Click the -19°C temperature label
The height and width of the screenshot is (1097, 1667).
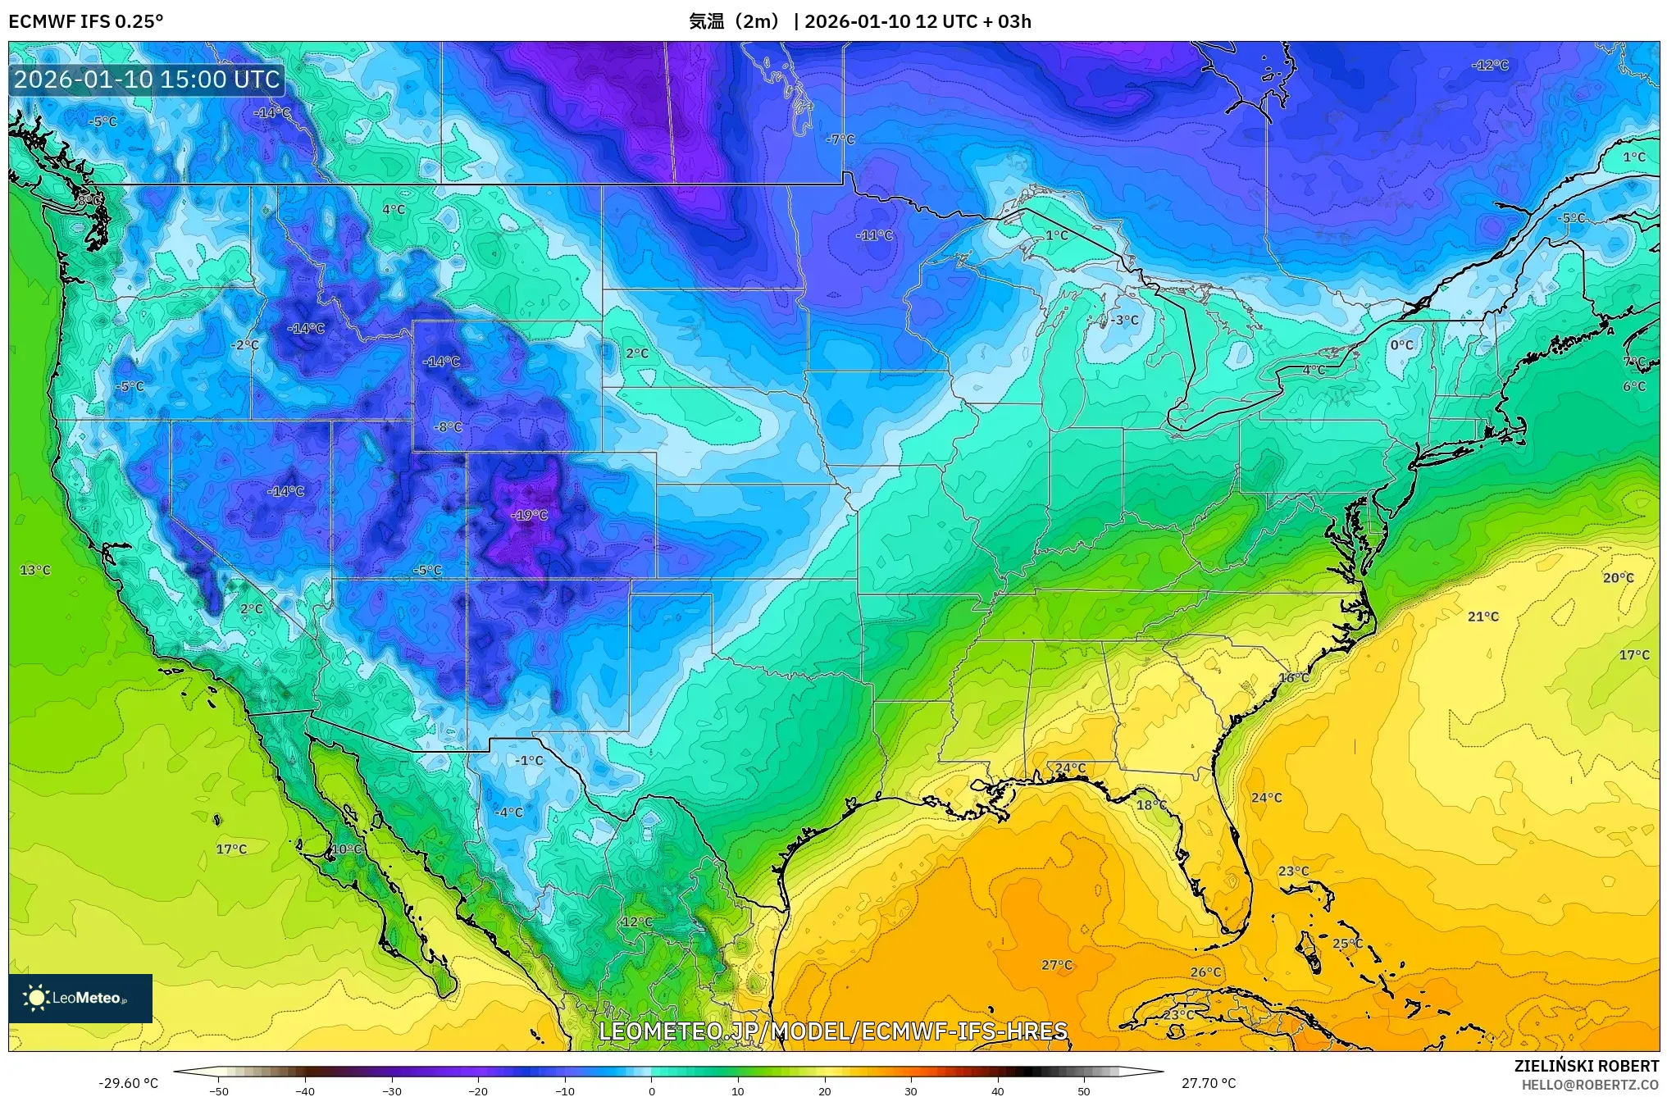[x=529, y=515]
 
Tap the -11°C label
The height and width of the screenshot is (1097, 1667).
[x=874, y=235]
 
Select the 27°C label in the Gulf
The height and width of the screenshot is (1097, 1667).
[x=1056, y=965]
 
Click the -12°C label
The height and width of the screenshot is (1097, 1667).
[x=1489, y=66]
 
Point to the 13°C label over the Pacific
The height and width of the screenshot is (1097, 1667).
[x=35, y=570]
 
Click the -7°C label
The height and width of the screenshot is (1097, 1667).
[x=840, y=139]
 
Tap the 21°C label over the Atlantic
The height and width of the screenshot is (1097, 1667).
[x=1483, y=617]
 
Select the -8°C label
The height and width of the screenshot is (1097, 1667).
[x=448, y=427]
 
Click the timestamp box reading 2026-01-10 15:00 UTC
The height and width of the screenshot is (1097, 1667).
[x=147, y=80]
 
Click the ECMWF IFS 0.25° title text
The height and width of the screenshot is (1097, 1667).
[x=85, y=21]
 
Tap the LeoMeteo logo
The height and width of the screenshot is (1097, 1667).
[x=80, y=998]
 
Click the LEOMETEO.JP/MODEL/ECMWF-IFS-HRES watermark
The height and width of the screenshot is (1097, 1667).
[x=833, y=1031]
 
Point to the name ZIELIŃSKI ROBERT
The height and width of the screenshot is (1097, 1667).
[x=1586, y=1066]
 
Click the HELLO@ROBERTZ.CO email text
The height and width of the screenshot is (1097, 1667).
[x=1590, y=1085]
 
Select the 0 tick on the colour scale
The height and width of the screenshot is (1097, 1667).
[x=652, y=1090]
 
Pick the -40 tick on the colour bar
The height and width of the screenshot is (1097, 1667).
[x=305, y=1090]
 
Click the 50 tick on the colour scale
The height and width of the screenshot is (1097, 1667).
[x=1084, y=1090]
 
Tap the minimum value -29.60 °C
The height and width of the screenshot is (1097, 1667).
[x=128, y=1083]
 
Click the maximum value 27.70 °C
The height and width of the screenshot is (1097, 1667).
[x=1208, y=1083]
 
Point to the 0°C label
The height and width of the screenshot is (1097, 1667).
[x=1401, y=345]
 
